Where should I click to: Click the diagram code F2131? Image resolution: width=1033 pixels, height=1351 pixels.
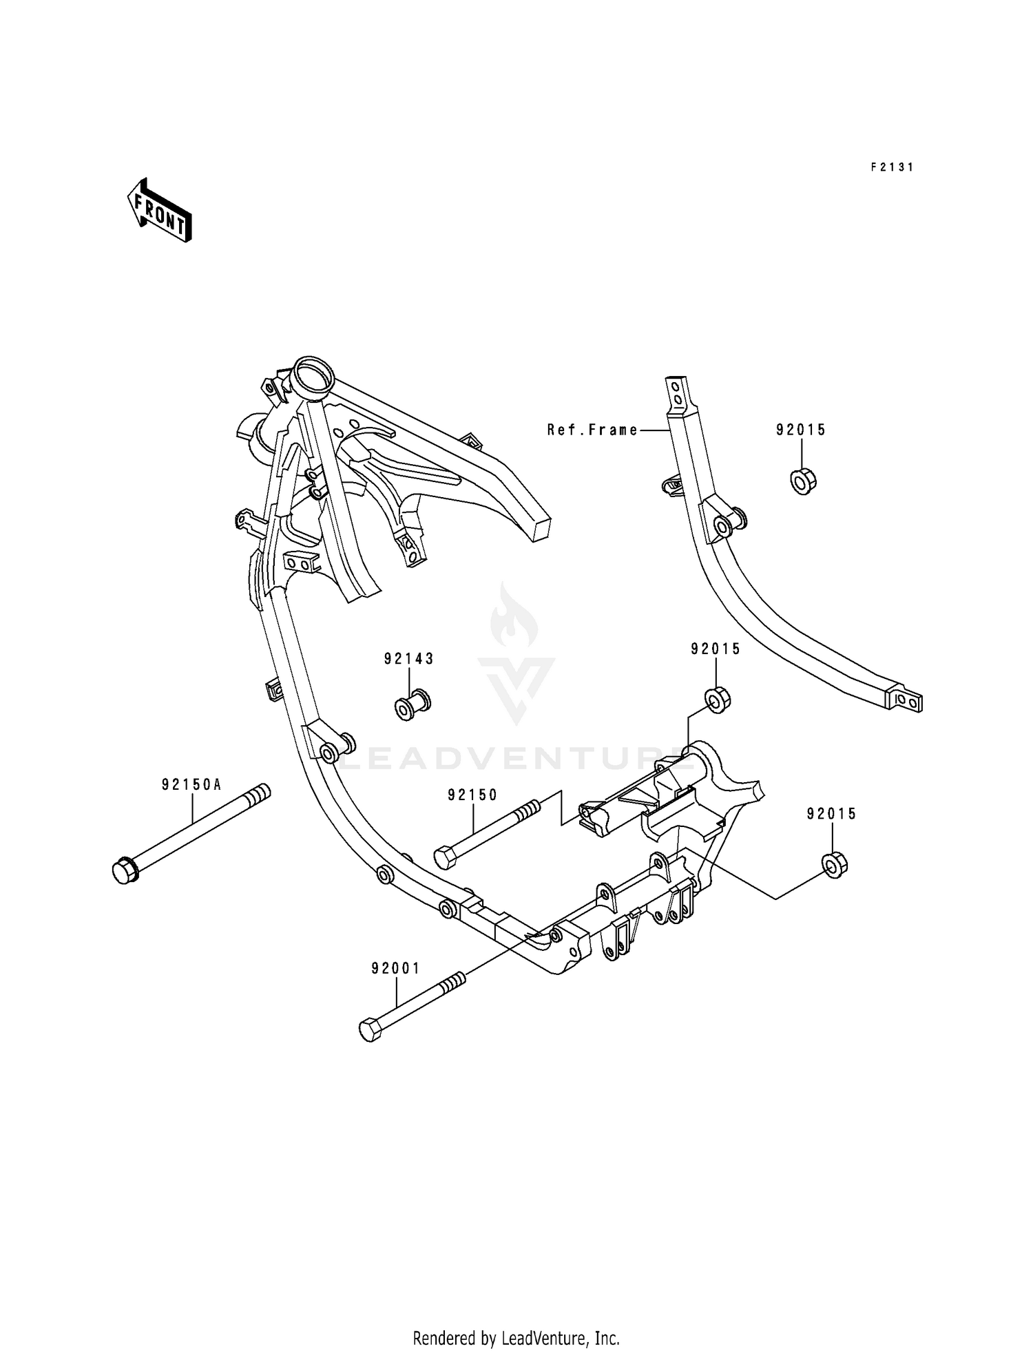tap(892, 167)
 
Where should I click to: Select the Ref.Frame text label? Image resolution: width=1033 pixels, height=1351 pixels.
tap(592, 430)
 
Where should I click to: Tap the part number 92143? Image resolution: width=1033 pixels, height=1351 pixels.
tap(409, 659)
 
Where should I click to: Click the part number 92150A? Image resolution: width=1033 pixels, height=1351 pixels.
tap(192, 784)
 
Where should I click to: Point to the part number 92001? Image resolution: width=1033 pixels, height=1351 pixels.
tap(395, 969)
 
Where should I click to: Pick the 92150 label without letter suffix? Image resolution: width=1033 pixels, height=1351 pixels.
tap(472, 795)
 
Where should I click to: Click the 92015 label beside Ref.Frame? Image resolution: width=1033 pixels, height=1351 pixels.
tap(801, 430)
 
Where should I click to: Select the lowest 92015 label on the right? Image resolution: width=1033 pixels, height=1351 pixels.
tap(832, 814)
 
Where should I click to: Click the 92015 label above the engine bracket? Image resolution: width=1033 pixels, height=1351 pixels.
tap(716, 649)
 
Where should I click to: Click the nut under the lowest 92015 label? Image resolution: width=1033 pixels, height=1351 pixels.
tap(834, 864)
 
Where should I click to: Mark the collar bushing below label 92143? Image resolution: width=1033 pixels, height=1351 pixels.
tap(413, 706)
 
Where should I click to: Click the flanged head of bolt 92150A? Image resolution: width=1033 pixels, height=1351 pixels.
tap(125, 871)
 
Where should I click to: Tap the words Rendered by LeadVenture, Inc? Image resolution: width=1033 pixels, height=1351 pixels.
tap(516, 1319)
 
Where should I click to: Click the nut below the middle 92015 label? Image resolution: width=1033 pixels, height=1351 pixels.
tap(718, 699)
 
